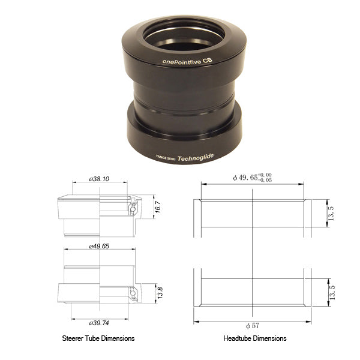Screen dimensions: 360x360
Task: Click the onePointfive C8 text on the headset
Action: point(187,61)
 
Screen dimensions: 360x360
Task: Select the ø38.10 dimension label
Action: point(98,179)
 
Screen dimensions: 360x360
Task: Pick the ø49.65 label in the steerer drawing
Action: point(98,246)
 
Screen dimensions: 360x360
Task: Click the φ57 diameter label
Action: point(253,325)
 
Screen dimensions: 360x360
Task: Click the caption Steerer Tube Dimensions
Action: point(98,338)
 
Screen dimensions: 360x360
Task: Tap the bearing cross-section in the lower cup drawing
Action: point(134,293)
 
